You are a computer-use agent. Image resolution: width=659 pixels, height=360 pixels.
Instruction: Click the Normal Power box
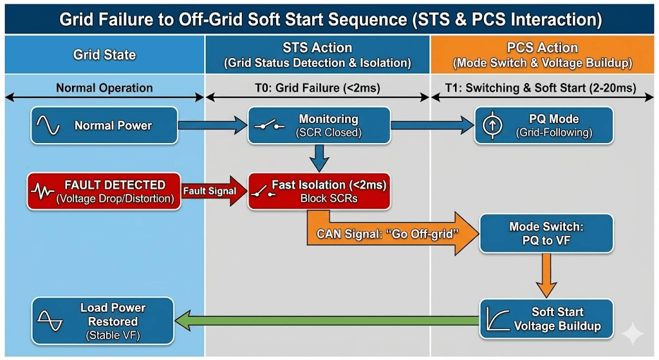[104, 125]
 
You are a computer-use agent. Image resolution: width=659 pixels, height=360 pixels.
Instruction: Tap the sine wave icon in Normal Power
[50, 126]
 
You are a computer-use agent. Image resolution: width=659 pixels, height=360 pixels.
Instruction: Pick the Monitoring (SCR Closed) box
[319, 125]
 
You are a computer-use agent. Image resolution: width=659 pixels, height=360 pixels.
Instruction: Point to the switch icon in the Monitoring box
[269, 126]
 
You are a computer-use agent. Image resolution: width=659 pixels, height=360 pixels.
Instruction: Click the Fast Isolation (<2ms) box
[319, 191]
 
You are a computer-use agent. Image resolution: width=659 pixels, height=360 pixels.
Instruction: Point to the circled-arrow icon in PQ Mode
[490, 126]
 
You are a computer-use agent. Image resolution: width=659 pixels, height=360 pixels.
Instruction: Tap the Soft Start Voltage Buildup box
[546, 318]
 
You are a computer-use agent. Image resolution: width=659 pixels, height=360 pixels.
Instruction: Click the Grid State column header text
[104, 55]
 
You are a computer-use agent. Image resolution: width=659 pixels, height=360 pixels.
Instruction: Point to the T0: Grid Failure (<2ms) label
[318, 88]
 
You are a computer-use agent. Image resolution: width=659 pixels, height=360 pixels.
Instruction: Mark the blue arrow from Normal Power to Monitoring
[212, 125]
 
